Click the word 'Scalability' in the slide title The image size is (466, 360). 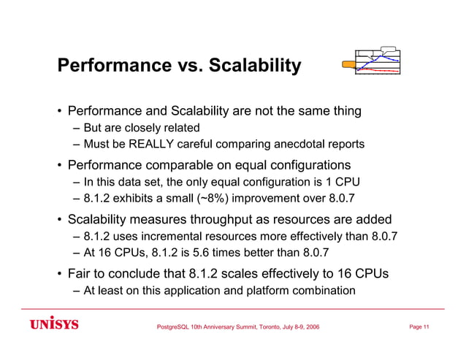pyautogui.click(x=255, y=66)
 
